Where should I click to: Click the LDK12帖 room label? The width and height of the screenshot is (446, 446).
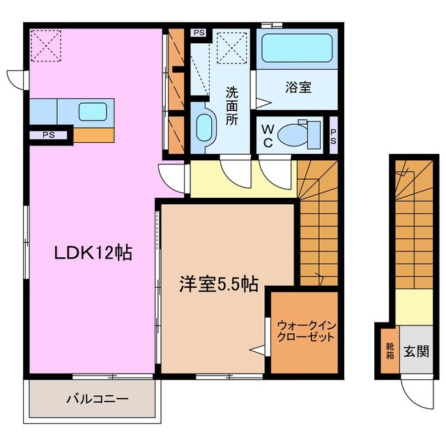coord(94,255)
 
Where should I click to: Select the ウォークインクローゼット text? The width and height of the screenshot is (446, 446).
coord(305,330)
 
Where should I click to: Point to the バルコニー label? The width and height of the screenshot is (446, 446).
coord(97,400)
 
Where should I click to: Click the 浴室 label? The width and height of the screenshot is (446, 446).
coord(298,89)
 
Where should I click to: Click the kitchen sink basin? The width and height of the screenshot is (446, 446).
coord(93,111)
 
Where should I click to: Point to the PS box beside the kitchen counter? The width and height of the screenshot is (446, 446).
coord(47,134)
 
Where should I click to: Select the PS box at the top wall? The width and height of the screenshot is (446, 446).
coord(199,32)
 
